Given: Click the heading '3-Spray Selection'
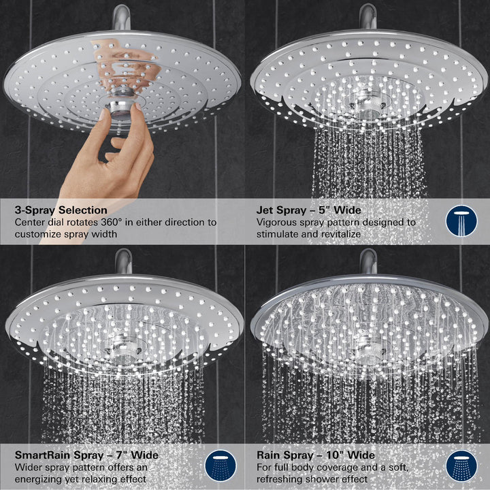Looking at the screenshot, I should tap(61, 210).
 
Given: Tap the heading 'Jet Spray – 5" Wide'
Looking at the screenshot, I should tap(308, 210).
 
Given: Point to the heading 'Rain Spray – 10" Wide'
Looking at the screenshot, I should tap(315, 455).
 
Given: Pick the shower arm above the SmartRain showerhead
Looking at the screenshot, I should tap(123, 261).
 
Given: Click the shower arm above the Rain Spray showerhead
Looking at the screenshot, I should tap(368, 261).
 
